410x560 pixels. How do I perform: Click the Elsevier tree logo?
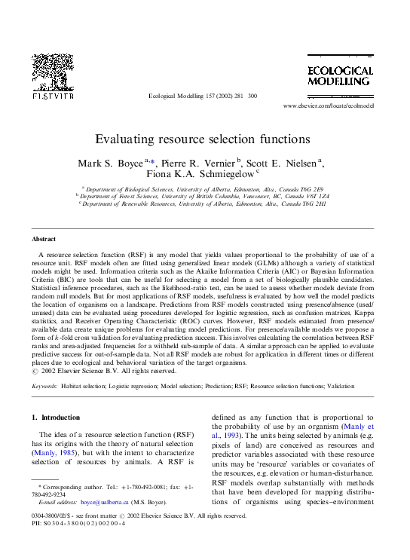click(x=53, y=73)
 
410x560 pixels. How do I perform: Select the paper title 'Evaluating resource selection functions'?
click(x=202, y=139)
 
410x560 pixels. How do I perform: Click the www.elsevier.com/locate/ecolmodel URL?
click(x=328, y=106)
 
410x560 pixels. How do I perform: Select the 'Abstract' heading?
click(x=44, y=239)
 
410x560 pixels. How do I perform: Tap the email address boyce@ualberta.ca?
click(x=100, y=501)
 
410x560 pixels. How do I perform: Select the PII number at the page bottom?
click(x=82, y=524)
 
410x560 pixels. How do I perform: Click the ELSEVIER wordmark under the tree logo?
click(x=52, y=96)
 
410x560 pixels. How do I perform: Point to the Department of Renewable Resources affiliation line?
click(x=204, y=203)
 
